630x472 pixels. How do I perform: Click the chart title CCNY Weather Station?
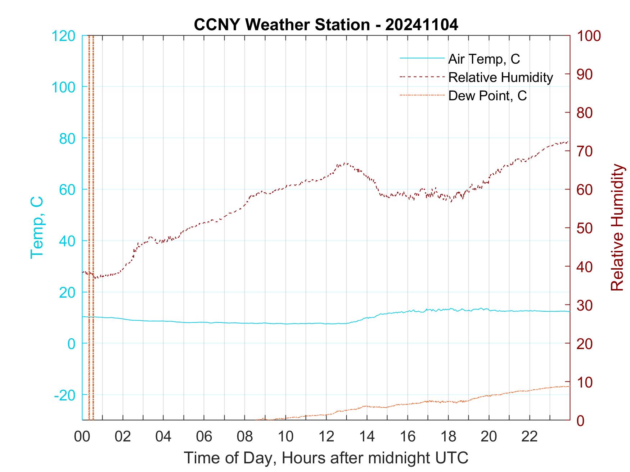326,25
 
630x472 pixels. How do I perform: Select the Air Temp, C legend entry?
483,59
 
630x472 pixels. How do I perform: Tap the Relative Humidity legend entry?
500,77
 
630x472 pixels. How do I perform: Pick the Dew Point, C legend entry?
487,96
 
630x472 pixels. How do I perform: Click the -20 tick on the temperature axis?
65,395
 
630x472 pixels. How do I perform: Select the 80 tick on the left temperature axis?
68,138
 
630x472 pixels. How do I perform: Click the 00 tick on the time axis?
82,437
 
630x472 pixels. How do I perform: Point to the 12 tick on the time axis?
326,437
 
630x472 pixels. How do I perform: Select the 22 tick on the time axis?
530,437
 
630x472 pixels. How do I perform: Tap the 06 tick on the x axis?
204,437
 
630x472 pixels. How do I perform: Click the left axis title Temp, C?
37,228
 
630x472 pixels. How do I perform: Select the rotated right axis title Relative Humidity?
617,228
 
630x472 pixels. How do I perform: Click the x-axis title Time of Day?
326,458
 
